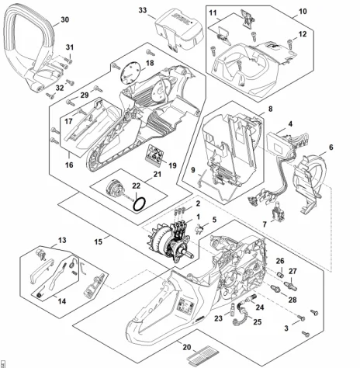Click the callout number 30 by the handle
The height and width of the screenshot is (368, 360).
(65, 19)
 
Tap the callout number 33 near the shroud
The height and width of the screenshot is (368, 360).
(143, 10)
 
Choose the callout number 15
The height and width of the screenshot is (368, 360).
(99, 241)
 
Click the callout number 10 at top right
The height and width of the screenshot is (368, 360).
(303, 12)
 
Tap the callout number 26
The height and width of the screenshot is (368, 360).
(280, 261)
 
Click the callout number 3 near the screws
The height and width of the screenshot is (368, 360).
(286, 328)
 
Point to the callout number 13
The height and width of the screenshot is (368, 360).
(62, 240)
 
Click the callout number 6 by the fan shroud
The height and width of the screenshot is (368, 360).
(331, 148)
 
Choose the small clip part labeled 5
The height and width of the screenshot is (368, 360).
(199, 228)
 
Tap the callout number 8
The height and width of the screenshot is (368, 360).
(270, 109)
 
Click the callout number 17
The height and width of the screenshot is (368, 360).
(68, 121)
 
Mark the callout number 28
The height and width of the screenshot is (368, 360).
(292, 300)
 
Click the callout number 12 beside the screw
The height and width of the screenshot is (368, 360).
(303, 34)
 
